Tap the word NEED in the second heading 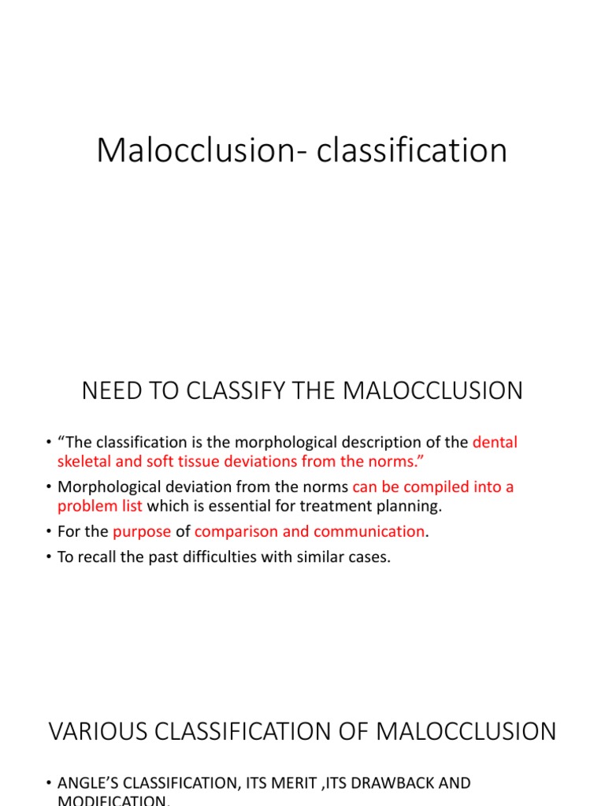[x=111, y=390]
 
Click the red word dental [x=496, y=442]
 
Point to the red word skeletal [x=86, y=461]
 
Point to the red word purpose [x=142, y=532]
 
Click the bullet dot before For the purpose [x=49, y=532]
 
